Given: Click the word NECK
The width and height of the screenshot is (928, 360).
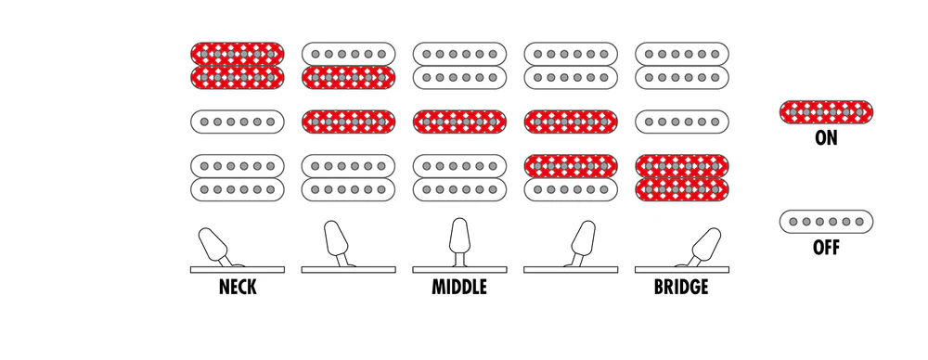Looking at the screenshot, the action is pos(238,288).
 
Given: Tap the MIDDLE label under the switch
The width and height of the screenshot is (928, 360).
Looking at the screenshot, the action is pos(459,288).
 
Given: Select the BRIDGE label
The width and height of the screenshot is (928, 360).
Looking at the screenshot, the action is pos(681,288).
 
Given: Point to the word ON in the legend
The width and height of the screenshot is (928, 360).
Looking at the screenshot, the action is pos(826,137).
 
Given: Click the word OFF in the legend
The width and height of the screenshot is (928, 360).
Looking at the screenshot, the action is pos(826,248).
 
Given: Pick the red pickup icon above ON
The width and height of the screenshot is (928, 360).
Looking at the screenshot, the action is pos(826,112).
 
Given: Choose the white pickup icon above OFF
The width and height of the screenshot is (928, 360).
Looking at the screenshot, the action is pos(826,222).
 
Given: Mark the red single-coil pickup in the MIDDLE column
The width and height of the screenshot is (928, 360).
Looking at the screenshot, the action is pos(460,122).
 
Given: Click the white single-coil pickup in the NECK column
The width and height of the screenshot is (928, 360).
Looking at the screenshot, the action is pos(238,122).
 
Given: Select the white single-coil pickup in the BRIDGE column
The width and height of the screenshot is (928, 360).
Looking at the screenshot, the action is pos(682,122).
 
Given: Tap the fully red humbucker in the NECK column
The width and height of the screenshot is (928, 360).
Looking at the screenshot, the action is pos(238,66).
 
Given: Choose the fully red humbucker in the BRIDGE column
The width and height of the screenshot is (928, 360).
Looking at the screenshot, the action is pos(682,177).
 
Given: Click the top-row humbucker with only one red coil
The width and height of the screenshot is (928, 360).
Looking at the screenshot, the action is pos(349,66).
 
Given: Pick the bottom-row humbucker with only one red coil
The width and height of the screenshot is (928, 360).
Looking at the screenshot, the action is pos(571,177).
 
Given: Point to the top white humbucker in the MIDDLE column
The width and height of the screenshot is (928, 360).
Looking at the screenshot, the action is pos(460,66).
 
